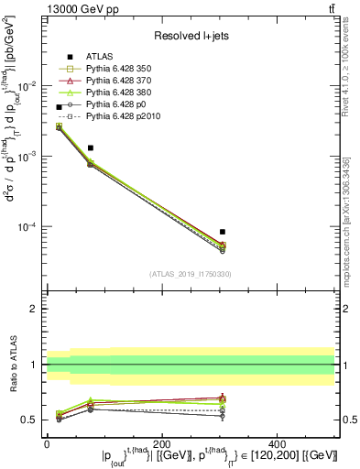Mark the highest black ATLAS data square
[60, 107]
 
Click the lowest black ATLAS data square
[223, 232]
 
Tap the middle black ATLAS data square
[91, 147]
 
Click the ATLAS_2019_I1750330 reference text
[191, 274]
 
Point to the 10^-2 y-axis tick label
[28, 85]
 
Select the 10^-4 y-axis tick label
[28, 227]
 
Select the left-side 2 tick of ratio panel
[34, 309]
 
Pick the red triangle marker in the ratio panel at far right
[223, 398]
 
